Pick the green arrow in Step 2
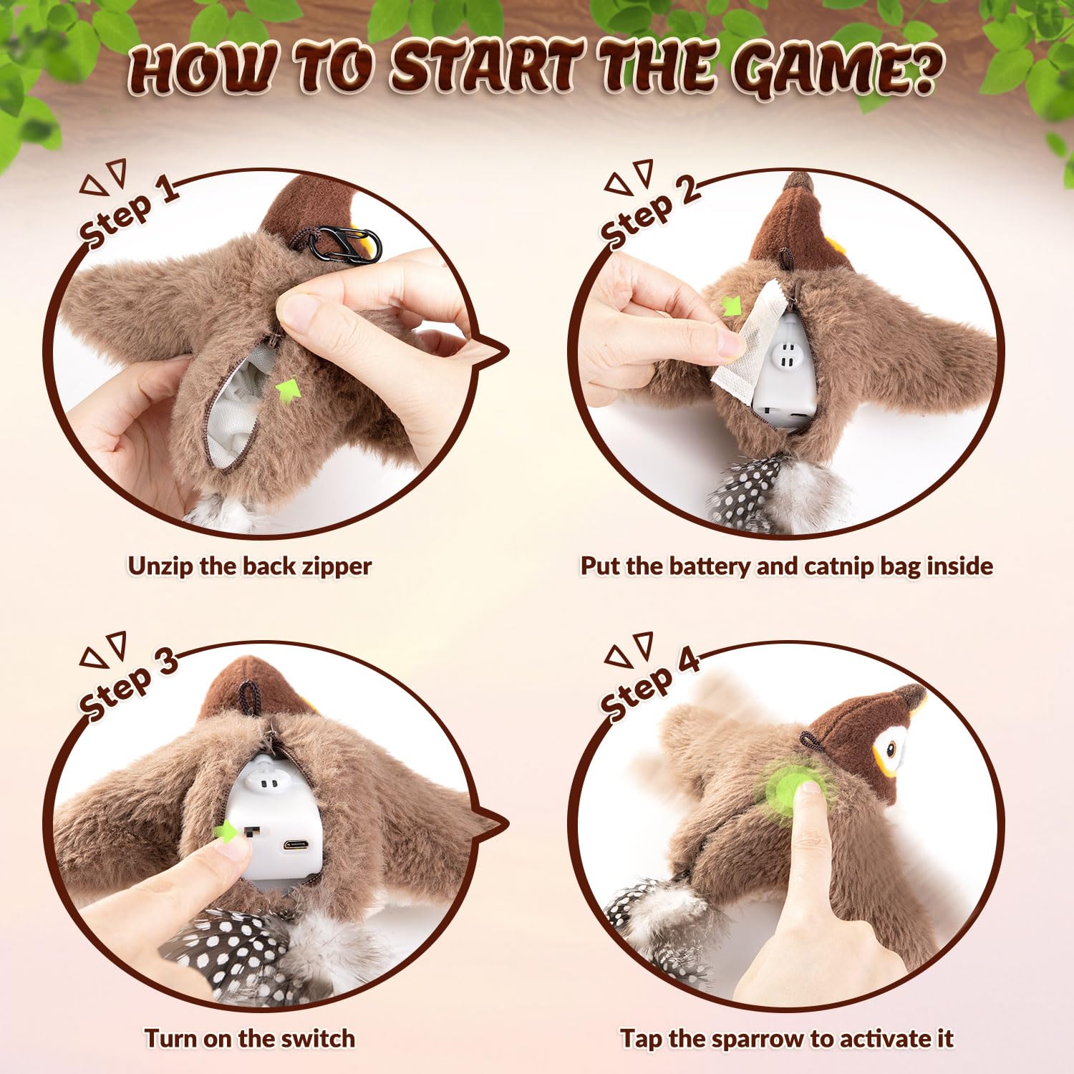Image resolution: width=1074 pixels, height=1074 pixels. tap(730, 306)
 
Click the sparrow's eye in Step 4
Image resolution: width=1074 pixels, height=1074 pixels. tap(891, 750)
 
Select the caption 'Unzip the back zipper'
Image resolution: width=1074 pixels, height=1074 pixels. tap(250, 566)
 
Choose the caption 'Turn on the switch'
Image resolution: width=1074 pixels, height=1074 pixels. tap(250, 1038)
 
